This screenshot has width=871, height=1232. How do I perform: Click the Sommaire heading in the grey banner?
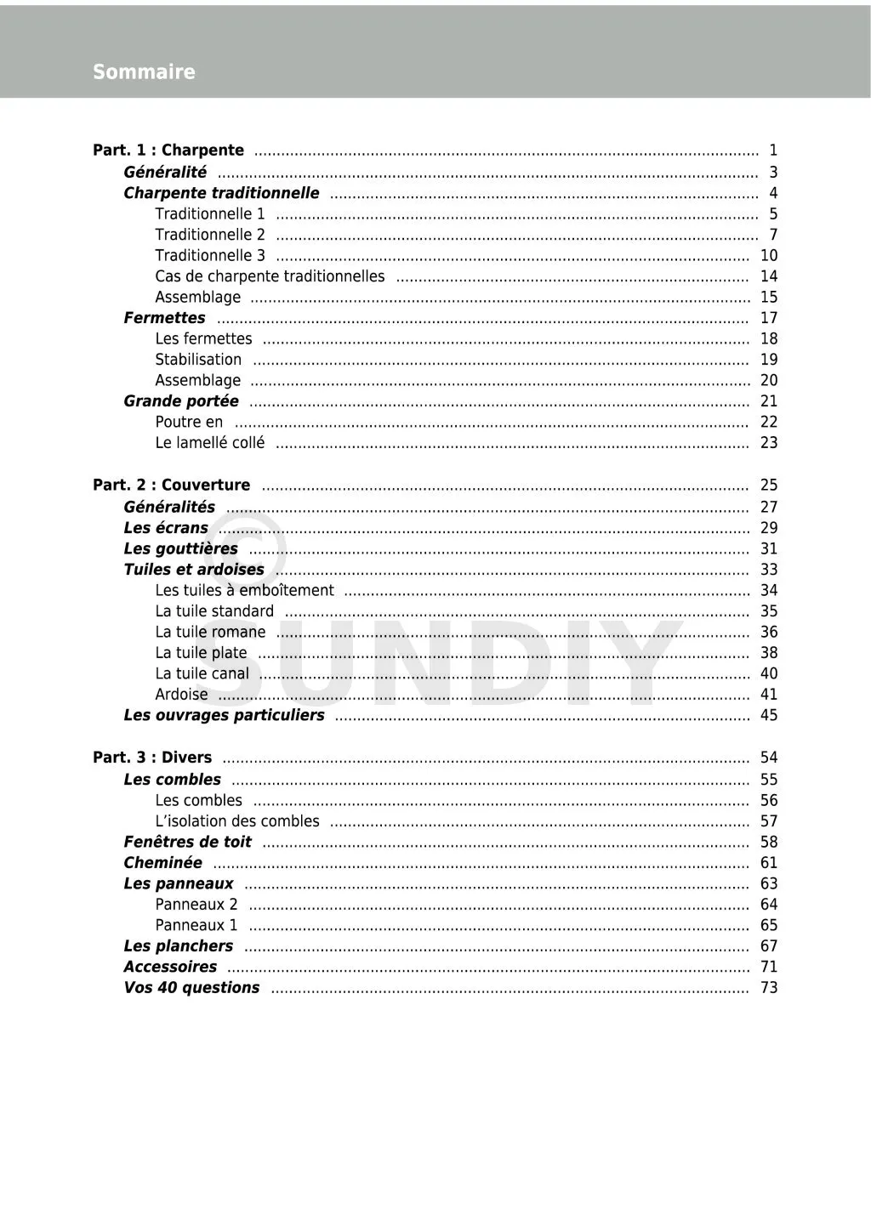click(x=144, y=72)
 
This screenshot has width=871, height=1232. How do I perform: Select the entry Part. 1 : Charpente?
click(x=168, y=150)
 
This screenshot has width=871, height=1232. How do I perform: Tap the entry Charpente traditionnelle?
click(x=221, y=193)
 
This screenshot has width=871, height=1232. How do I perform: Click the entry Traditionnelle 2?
click(x=210, y=235)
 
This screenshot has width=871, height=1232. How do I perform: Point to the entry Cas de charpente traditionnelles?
click(x=270, y=276)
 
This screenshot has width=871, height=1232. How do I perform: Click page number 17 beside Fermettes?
click(x=769, y=318)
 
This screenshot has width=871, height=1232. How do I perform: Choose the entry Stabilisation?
click(x=198, y=360)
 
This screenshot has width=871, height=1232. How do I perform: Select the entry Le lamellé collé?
click(x=209, y=443)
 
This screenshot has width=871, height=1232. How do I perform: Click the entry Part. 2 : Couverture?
click(x=171, y=485)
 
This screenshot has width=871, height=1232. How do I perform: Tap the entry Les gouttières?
click(x=180, y=549)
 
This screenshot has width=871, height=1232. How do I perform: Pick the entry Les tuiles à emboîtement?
click(x=244, y=591)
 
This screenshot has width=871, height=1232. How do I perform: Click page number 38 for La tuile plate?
click(x=769, y=653)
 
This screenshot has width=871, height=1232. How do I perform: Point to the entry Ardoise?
click(x=181, y=695)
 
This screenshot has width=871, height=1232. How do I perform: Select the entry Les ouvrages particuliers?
click(x=224, y=716)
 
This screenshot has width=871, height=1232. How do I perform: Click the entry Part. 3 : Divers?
click(x=152, y=758)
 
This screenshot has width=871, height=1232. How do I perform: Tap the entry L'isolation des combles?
click(x=237, y=821)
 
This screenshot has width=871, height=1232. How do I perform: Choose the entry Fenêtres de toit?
click(x=187, y=843)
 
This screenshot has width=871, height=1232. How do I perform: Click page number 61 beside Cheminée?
click(x=769, y=863)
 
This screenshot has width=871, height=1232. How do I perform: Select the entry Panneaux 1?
click(x=196, y=925)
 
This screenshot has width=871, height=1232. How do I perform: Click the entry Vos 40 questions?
click(x=191, y=988)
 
